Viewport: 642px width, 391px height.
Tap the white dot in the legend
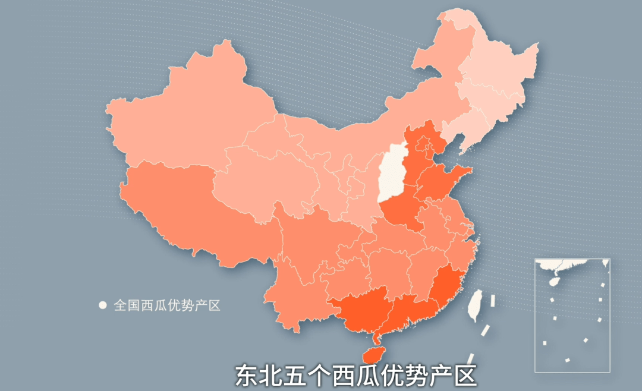pyautogui.click(x=102, y=305)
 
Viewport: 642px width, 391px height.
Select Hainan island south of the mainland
pyautogui.click(x=373, y=354)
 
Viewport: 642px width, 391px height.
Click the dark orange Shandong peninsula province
pyautogui.click(x=443, y=181)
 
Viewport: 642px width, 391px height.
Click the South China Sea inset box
pyautogui.click(x=572, y=315)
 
